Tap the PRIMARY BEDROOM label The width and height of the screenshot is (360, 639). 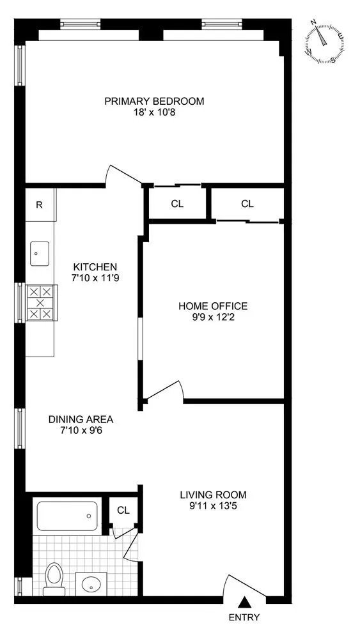point(154,101)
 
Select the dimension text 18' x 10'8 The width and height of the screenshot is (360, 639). point(154,112)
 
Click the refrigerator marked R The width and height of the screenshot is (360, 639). point(40,205)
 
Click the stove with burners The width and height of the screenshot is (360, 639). point(40,302)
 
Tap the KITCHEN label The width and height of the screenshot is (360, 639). point(95,267)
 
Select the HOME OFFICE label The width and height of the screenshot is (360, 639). point(212,306)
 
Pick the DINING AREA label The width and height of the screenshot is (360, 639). point(81,419)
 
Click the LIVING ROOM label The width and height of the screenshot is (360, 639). point(212,495)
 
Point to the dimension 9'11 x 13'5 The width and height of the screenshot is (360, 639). point(212,506)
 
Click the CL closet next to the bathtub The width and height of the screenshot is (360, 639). point(123,511)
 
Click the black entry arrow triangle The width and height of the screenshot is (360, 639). point(244,602)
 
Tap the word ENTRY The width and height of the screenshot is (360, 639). point(244,617)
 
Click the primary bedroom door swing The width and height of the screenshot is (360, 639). point(121,174)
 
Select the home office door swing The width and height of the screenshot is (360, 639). point(165,391)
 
